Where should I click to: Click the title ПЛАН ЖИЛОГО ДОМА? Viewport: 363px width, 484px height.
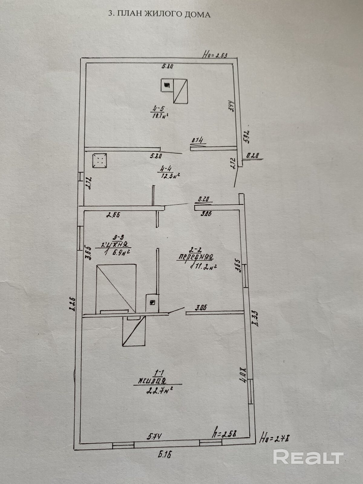[x=159, y=14]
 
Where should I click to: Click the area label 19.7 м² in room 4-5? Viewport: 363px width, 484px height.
[x=160, y=115]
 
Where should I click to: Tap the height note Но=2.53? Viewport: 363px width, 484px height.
[x=215, y=55]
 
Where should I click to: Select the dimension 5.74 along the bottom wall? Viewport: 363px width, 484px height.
[x=155, y=437]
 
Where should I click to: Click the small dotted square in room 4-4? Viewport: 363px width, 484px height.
[x=100, y=160]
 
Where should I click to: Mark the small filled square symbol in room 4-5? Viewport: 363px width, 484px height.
[x=166, y=85]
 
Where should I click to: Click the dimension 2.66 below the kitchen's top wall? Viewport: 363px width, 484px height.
[x=113, y=215]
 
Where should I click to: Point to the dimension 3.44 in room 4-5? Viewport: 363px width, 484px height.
[x=231, y=106]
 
